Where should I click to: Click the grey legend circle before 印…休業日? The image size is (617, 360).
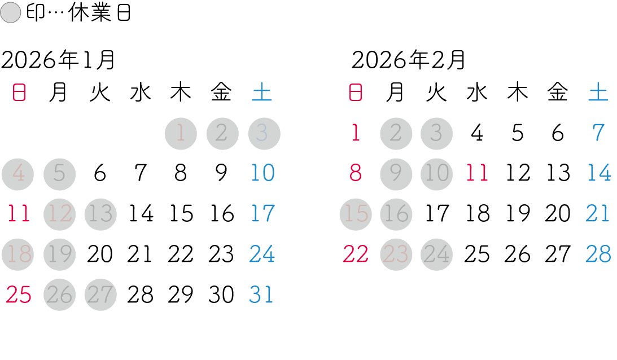(x=11, y=14)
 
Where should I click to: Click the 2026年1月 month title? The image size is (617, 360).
(x=58, y=60)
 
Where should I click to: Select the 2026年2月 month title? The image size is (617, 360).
(x=409, y=60)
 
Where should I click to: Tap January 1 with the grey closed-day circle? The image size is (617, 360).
(x=181, y=134)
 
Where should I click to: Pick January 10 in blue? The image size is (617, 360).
(x=262, y=173)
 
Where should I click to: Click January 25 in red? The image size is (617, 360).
(x=18, y=295)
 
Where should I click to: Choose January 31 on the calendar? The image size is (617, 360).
(x=261, y=295)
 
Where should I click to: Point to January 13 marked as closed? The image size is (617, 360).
(x=100, y=214)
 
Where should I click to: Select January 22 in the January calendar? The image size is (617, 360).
(x=181, y=254)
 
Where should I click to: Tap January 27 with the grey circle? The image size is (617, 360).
(x=100, y=295)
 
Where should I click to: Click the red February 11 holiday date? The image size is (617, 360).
(x=476, y=173)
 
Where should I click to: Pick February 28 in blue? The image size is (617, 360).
(x=598, y=254)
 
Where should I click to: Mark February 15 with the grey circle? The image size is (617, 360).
(x=356, y=214)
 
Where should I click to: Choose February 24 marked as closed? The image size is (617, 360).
(x=436, y=254)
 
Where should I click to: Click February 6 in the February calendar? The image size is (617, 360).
(x=558, y=134)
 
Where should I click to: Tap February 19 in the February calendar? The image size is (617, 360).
(x=517, y=214)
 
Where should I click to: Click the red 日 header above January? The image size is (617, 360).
(x=19, y=93)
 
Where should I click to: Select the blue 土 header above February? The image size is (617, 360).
(x=598, y=93)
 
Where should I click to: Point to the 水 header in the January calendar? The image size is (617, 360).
(x=140, y=93)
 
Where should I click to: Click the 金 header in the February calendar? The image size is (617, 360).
(x=558, y=93)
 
